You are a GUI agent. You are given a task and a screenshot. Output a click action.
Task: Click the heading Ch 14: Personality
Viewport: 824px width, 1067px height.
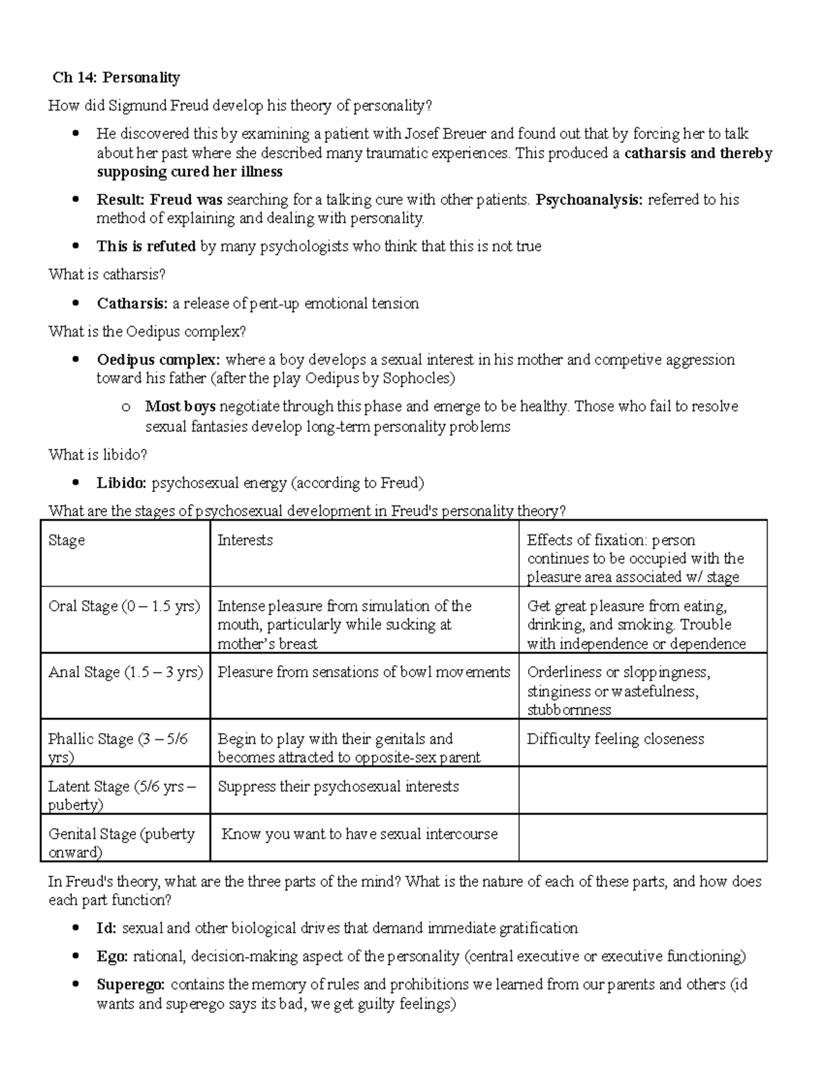click(x=116, y=78)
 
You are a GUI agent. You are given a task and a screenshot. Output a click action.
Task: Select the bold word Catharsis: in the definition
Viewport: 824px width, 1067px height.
click(x=132, y=304)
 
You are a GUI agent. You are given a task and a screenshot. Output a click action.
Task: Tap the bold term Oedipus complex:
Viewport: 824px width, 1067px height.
click(x=159, y=360)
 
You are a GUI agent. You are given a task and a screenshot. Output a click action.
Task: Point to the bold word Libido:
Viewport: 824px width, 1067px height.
click(x=122, y=483)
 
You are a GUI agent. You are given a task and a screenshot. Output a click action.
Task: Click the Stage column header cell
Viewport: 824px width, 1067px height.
click(x=67, y=540)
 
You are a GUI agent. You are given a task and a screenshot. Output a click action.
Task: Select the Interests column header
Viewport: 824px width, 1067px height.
click(x=245, y=540)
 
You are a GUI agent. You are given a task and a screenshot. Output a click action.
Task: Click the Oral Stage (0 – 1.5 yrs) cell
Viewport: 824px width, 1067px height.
click(x=124, y=607)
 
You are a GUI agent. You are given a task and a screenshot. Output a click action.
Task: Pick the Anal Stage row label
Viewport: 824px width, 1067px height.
click(x=125, y=673)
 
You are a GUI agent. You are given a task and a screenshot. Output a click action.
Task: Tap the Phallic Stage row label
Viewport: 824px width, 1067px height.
click(x=117, y=748)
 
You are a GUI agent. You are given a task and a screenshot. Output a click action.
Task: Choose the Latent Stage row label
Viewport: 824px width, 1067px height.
click(x=121, y=795)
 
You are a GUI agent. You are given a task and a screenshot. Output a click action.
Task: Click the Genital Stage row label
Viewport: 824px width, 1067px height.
click(x=121, y=842)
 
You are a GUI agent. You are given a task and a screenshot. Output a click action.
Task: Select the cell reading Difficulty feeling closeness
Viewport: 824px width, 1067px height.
click(x=615, y=739)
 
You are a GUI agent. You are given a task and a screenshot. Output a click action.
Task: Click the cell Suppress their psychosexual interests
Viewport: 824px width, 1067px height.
click(x=338, y=787)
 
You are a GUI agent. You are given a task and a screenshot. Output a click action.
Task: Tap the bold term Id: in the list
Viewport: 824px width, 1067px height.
click(x=106, y=929)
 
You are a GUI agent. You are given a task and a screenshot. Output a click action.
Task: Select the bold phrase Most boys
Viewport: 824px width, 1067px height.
click(x=180, y=407)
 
